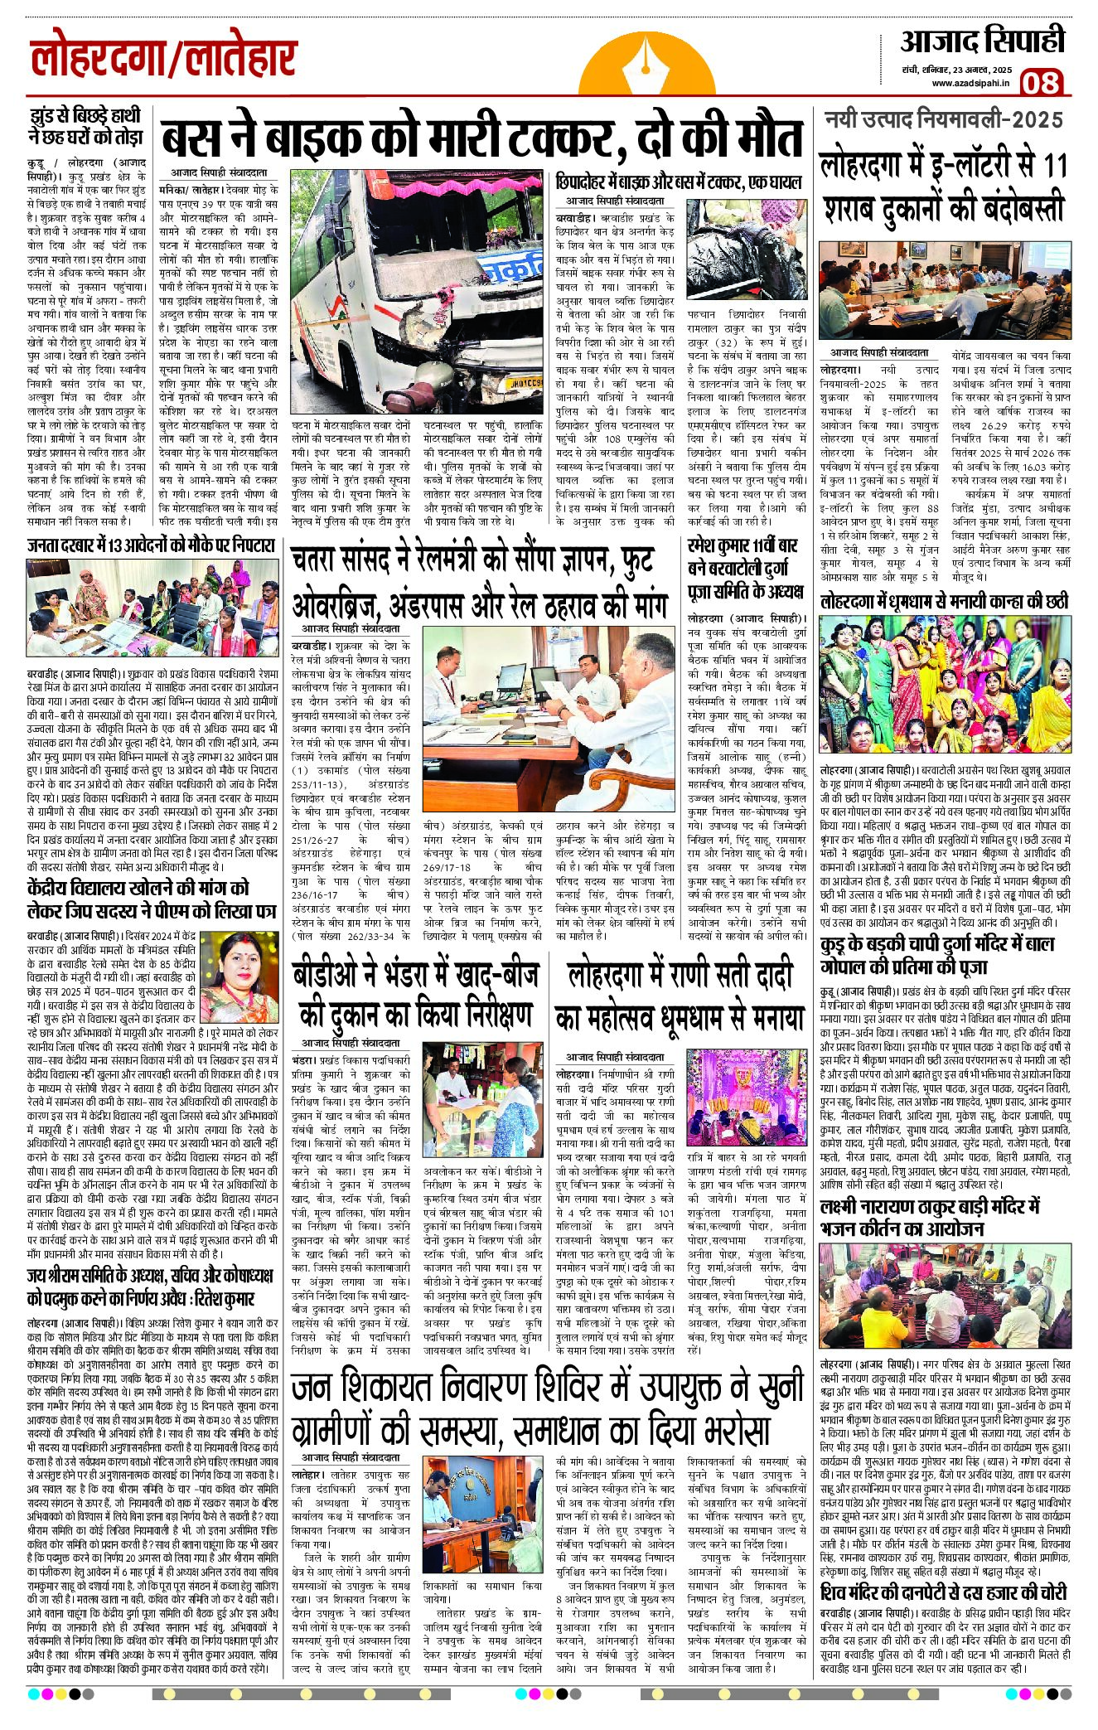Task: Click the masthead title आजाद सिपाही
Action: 982,41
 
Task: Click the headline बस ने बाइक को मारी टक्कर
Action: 481,139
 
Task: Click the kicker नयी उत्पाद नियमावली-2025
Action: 943,120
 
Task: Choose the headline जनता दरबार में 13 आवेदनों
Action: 150,545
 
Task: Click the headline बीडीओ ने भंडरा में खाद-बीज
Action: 417,994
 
